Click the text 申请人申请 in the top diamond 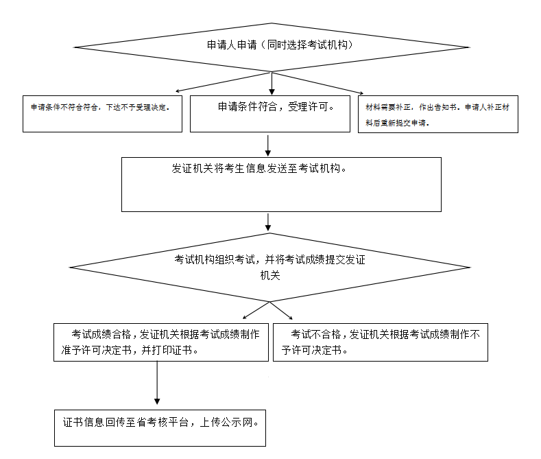pyautogui.click(x=232, y=45)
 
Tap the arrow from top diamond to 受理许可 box pyautogui.click(x=272, y=83)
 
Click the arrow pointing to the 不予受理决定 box pyautogui.click(x=224, y=82)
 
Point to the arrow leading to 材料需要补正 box pyautogui.click(x=317, y=83)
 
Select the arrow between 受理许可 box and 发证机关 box pyautogui.click(x=268, y=145)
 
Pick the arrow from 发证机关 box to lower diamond pyautogui.click(x=268, y=222)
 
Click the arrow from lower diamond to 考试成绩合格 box pyautogui.click(x=256, y=310)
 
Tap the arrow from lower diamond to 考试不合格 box pyautogui.click(x=281, y=310)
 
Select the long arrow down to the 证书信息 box pyautogui.click(x=157, y=383)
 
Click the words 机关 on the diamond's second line pyautogui.click(x=270, y=275)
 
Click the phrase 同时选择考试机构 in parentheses pyautogui.click(x=307, y=45)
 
